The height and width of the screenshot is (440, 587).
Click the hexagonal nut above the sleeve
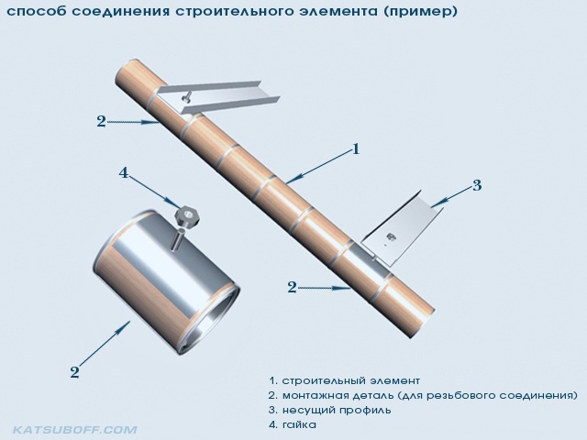(188, 216)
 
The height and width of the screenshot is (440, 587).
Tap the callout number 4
(124, 173)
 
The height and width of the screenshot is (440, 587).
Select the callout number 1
(356, 148)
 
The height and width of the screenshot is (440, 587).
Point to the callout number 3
(477, 185)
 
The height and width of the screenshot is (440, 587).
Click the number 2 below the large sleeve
(75, 372)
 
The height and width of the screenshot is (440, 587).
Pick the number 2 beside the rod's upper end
(101, 121)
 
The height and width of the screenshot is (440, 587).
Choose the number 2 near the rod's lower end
(292, 287)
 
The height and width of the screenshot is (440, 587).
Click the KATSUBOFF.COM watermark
(75, 429)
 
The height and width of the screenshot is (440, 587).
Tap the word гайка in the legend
(299, 425)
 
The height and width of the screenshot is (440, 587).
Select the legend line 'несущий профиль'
(337, 410)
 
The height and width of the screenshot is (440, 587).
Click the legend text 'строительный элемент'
(350, 381)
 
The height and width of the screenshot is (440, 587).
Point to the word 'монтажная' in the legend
(315, 395)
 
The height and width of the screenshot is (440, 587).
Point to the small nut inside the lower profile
(390, 236)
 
